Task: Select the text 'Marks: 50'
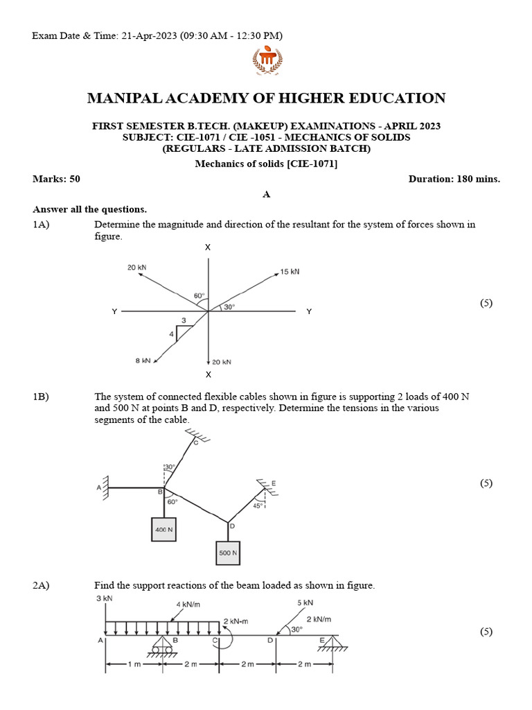[x=57, y=179]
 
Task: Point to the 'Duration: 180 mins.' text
[x=454, y=179]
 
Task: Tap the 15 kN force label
[x=290, y=272]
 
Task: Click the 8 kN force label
[x=143, y=361]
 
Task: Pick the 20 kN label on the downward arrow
[x=222, y=362]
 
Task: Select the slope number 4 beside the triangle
[x=172, y=334]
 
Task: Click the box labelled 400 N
[x=163, y=529]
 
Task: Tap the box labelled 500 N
[x=228, y=553]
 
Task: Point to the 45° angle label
[x=258, y=506]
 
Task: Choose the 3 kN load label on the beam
[x=105, y=598]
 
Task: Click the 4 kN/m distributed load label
[x=188, y=603]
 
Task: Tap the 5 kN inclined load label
[x=305, y=603]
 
